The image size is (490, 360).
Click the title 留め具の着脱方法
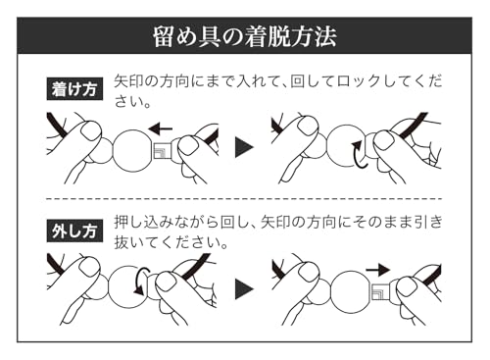[x=245, y=36]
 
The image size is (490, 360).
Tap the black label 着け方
[x=74, y=88]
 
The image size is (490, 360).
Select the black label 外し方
[x=74, y=231]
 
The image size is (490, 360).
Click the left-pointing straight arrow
[x=161, y=129]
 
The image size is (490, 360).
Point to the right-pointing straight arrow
[x=378, y=270]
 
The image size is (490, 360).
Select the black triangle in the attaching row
[x=244, y=147]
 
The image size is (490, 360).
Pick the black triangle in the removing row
[x=244, y=289]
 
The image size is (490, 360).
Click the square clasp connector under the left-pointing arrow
[x=162, y=151]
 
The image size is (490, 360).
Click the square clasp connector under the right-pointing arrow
[x=380, y=291]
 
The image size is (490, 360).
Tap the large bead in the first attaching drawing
[x=133, y=150]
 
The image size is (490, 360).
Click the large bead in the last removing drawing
[x=352, y=291]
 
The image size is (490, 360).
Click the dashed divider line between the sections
[x=244, y=199]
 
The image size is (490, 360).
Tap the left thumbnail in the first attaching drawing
[x=90, y=130]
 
